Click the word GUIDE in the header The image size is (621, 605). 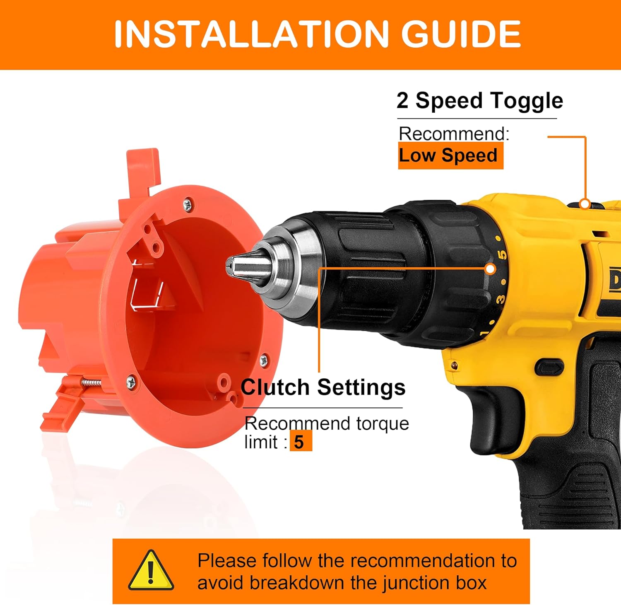pos(461,34)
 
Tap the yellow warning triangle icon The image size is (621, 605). pos(151,571)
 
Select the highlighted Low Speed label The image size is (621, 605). pos(450,155)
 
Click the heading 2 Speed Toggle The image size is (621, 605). pos(479,100)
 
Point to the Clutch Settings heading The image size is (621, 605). pos(323,387)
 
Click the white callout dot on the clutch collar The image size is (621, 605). pos(490,269)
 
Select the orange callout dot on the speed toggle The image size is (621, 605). pos(585,203)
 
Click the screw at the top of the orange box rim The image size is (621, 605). pos(188,203)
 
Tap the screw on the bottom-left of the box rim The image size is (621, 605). pos(131,381)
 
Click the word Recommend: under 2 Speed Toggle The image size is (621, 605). pos(454,133)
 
